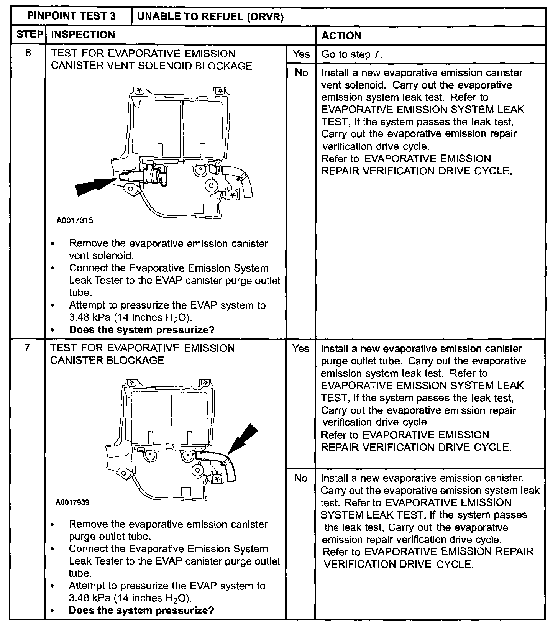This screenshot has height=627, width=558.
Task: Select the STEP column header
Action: [29, 35]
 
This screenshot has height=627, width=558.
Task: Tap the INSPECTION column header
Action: [83, 35]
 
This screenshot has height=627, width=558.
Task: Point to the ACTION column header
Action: [341, 36]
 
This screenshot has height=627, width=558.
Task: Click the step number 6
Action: [28, 53]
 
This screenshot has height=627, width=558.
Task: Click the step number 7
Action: [27, 348]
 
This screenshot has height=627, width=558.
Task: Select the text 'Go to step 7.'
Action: [351, 54]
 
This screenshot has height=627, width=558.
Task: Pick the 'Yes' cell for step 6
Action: [301, 54]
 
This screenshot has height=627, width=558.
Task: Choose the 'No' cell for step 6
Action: [301, 72]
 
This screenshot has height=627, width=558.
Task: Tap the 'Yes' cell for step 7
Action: [301, 348]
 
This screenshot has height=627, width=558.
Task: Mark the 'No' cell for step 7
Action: [301, 478]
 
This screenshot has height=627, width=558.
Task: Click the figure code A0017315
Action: [75, 221]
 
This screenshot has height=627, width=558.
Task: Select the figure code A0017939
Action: [72, 502]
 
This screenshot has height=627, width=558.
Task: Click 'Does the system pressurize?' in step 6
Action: [141, 330]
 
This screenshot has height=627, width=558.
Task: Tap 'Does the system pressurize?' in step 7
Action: [141, 611]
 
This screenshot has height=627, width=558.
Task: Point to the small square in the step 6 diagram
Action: [199, 208]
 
